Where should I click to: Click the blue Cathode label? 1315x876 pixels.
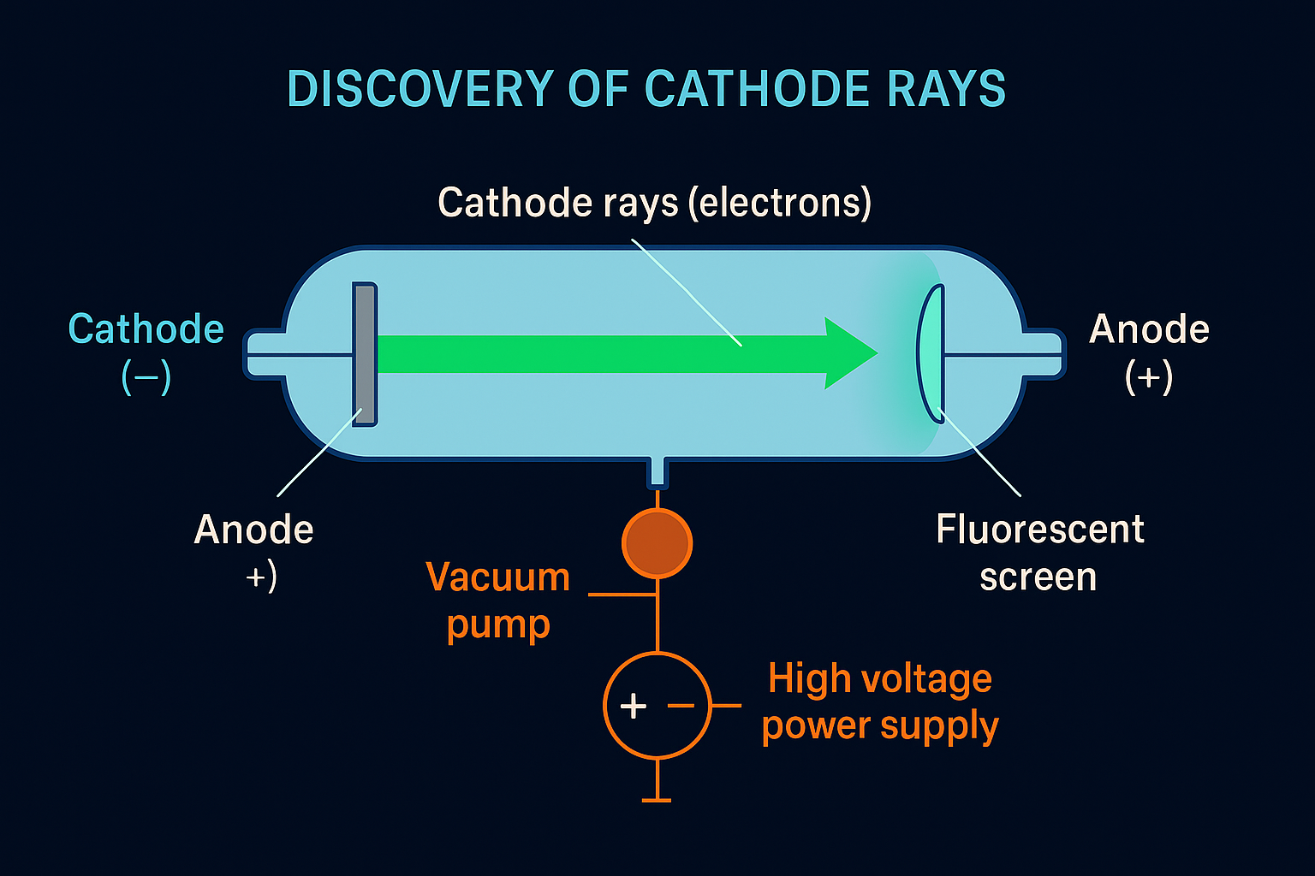[146, 329]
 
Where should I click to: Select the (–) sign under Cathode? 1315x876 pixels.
[146, 376]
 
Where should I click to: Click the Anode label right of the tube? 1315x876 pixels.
[1149, 329]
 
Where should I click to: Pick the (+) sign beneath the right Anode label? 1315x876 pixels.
[1149, 376]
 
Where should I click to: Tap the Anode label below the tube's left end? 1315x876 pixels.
[254, 530]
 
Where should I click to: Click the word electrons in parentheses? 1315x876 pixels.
[780, 203]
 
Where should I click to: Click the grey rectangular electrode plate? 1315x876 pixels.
[365, 354]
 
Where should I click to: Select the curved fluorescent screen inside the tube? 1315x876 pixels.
[930, 351]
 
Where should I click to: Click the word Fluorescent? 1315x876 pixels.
[1040, 530]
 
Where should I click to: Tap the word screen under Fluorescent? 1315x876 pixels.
[1038, 577]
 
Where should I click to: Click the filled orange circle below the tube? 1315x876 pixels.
[657, 543]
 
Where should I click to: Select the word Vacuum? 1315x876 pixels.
[497, 577]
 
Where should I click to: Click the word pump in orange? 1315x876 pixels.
[497, 625]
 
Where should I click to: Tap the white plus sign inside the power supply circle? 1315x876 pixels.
[633, 707]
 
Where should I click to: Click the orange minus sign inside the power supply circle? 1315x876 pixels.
[681, 706]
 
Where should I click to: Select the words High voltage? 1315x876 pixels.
[880, 679]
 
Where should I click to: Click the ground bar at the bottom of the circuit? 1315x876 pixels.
[657, 800]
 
